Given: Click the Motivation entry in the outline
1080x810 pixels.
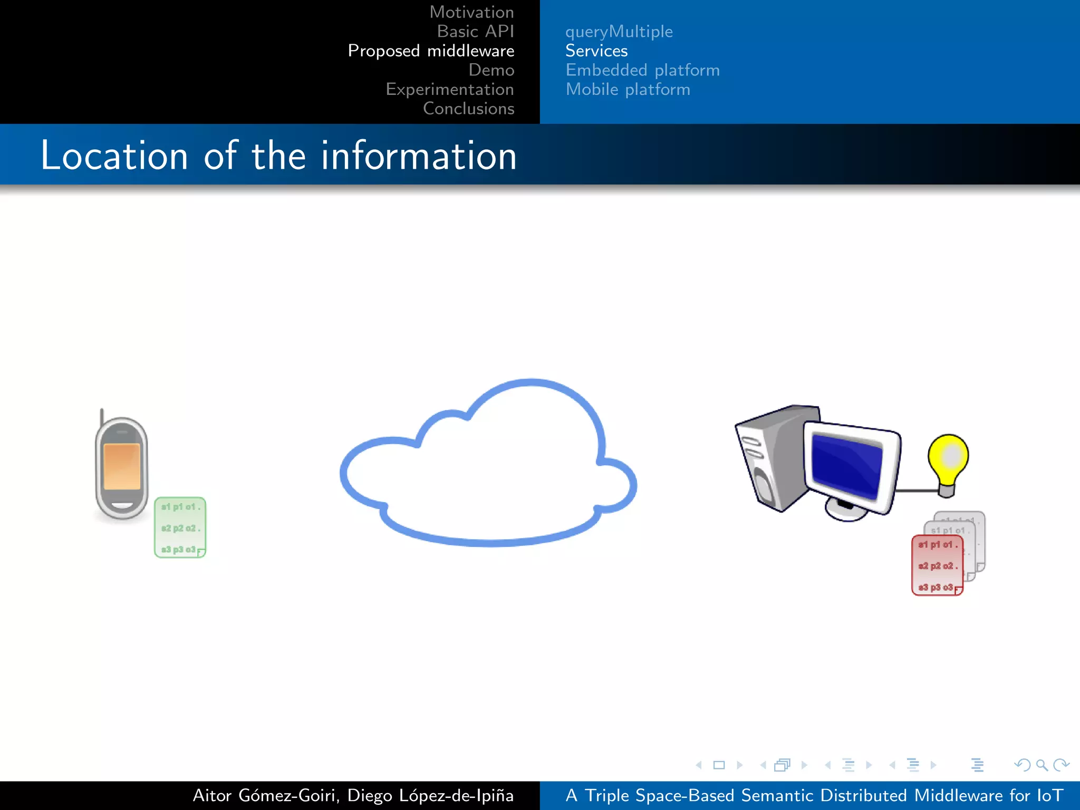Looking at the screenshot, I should tap(471, 12).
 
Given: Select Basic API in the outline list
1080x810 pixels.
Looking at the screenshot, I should tap(475, 32).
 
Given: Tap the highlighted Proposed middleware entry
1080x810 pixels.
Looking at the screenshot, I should tap(431, 51).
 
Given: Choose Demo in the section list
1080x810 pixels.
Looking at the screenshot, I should tap(491, 70).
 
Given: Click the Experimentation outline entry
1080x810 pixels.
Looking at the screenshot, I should tap(449, 90).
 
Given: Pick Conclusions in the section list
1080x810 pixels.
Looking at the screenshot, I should tap(468, 109).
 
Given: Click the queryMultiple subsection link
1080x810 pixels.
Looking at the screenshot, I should tap(619, 32).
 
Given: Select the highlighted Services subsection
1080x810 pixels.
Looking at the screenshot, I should tap(596, 51).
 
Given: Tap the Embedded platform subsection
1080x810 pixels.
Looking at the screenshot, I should tap(642, 70).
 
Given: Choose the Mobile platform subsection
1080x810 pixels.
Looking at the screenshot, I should tap(628, 90).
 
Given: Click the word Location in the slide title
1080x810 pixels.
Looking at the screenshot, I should tap(114, 156).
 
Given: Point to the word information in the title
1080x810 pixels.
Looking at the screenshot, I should tap(419, 156).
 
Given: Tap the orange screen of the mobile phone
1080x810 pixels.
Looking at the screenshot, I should tap(122, 467).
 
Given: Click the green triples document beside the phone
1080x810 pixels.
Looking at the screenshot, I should tap(180, 527).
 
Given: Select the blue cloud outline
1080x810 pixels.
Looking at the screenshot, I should tap(602, 422).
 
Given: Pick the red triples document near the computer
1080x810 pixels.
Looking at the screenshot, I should tap(937, 566).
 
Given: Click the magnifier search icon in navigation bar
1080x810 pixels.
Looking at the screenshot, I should tap(1042, 765).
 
